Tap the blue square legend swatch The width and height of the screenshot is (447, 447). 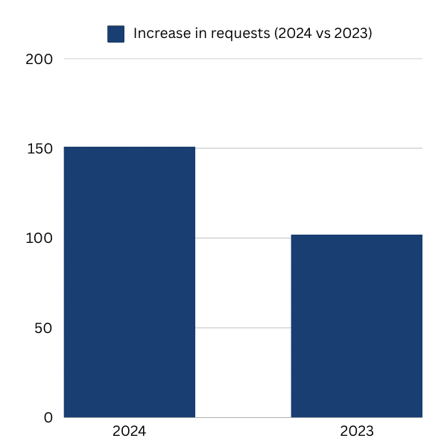point(115,34)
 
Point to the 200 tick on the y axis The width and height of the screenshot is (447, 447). point(39,59)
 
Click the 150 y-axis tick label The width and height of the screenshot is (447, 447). point(39,148)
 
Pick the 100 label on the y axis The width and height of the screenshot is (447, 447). point(39,238)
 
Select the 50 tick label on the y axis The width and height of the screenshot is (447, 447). point(43,328)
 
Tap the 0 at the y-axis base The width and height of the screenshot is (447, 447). point(48,417)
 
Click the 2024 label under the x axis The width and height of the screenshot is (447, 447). point(129,432)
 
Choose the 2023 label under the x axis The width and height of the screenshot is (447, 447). point(356,432)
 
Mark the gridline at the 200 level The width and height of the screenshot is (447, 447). point(243,59)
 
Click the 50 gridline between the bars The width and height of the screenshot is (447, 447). point(243,328)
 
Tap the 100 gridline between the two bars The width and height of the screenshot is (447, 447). point(243,238)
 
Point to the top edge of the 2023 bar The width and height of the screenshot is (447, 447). point(356,235)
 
